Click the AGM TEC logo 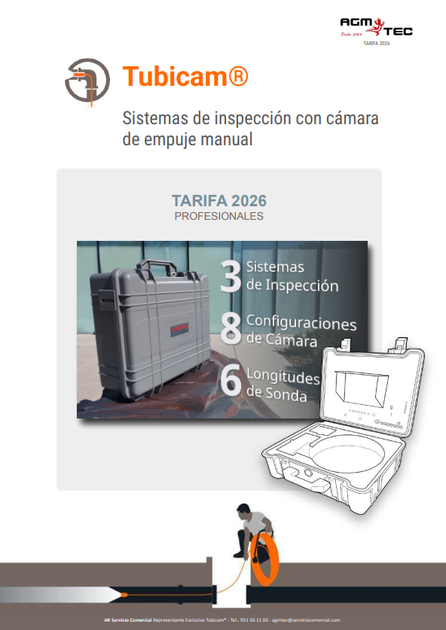click(376, 29)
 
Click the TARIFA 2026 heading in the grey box click(219, 201)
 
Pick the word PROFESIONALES click(219, 216)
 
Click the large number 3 click(230, 276)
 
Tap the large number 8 click(231, 329)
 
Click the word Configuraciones click(301, 323)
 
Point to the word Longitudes click(283, 376)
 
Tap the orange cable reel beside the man click(267, 557)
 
